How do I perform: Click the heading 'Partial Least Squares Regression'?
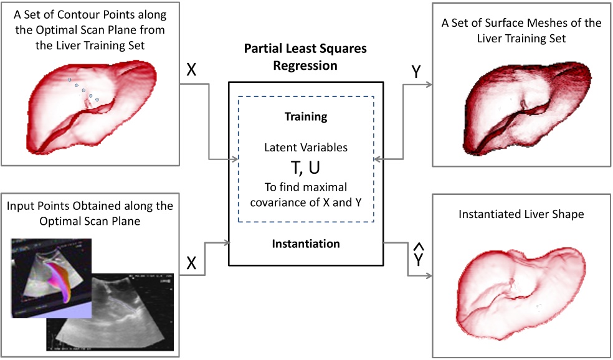click(305, 57)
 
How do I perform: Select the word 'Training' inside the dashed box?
click(305, 116)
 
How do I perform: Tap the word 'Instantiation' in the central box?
click(305, 244)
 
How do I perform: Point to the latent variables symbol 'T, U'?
click(305, 168)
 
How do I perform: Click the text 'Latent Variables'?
click(305, 148)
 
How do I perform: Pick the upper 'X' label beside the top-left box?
click(191, 70)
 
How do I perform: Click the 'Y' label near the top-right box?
click(416, 72)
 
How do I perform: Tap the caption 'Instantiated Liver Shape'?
click(521, 215)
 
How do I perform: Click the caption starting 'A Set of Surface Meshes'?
click(521, 30)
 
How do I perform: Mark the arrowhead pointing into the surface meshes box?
click(429, 86)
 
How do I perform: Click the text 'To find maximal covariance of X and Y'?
click(305, 195)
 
